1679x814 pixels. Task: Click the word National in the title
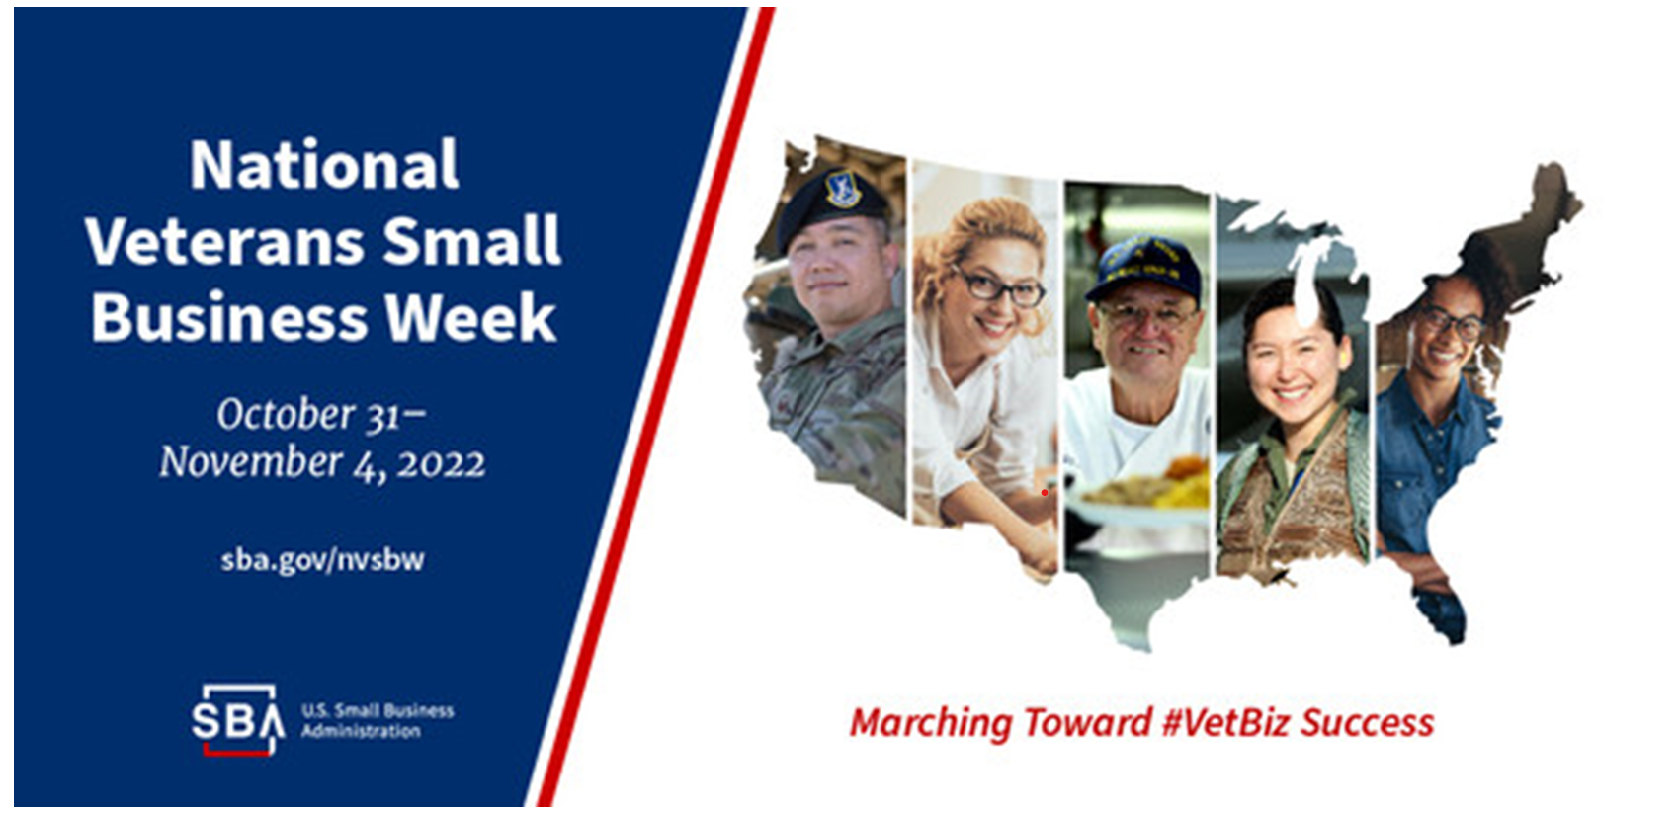324,165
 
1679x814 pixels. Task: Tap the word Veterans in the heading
225,241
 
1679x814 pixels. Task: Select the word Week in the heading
470,317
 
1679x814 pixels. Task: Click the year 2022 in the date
442,464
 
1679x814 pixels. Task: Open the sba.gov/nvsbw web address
322,560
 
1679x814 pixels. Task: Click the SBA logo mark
238,719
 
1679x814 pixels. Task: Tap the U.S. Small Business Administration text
378,720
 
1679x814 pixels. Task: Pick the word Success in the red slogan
1367,723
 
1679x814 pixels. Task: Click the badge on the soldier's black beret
843,188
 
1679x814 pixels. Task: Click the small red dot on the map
1045,492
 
